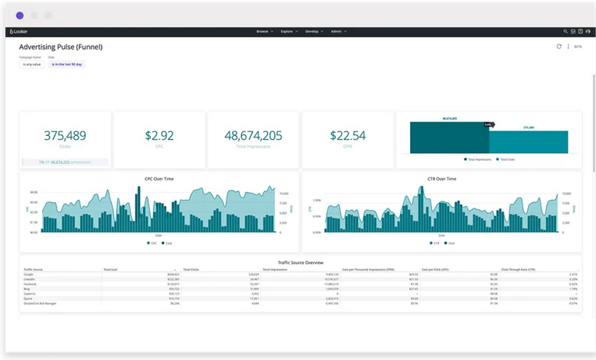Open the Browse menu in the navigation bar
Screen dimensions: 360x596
(x=263, y=31)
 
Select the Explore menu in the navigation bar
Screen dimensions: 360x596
(x=288, y=31)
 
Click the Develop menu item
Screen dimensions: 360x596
(x=314, y=31)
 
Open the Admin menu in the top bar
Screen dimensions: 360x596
(x=337, y=31)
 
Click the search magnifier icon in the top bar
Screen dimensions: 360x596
(x=565, y=31)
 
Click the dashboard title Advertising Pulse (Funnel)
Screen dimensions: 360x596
(x=61, y=47)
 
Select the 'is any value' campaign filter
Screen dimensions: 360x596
(x=30, y=64)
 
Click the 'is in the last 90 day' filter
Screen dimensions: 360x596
(x=66, y=64)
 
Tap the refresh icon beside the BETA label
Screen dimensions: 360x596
(x=559, y=47)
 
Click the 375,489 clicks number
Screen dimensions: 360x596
(x=65, y=135)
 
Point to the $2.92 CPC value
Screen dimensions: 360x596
(x=159, y=135)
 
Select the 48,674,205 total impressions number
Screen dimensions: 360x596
(x=253, y=135)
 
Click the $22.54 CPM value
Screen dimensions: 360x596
(x=348, y=135)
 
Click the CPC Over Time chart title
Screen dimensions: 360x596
(x=159, y=179)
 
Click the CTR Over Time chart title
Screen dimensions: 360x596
(x=441, y=179)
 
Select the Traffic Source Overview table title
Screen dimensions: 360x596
(x=300, y=262)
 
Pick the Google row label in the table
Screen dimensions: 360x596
(x=28, y=275)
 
